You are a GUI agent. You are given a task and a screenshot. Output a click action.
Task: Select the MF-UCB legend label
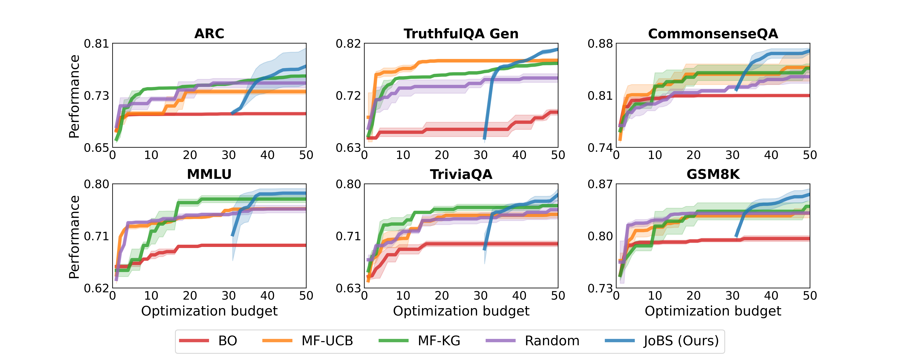(x=327, y=341)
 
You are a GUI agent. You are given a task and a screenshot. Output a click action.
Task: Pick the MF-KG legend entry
(x=439, y=341)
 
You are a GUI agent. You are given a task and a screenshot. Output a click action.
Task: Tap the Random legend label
(x=552, y=341)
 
